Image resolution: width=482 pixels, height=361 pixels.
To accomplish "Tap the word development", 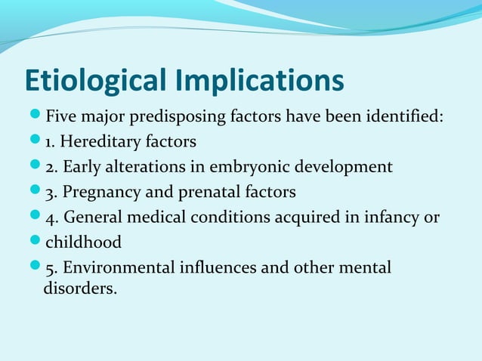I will [348, 166].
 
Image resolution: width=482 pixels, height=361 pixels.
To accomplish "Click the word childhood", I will [84, 242].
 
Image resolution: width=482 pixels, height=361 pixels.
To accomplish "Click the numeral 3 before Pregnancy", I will [51, 191].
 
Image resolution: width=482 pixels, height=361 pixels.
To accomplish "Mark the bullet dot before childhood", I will [36, 242].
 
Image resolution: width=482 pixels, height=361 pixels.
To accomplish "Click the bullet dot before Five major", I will [36, 117].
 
